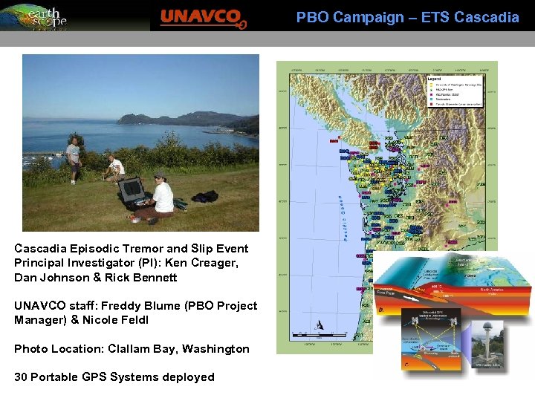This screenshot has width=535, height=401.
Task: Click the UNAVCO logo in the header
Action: point(203,16)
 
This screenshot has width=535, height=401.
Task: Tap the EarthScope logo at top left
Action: point(35,16)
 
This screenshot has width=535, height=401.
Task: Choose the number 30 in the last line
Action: point(22,377)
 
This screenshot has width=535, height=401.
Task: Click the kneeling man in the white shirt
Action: point(114,169)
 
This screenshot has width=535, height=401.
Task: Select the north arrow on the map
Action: point(319,325)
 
